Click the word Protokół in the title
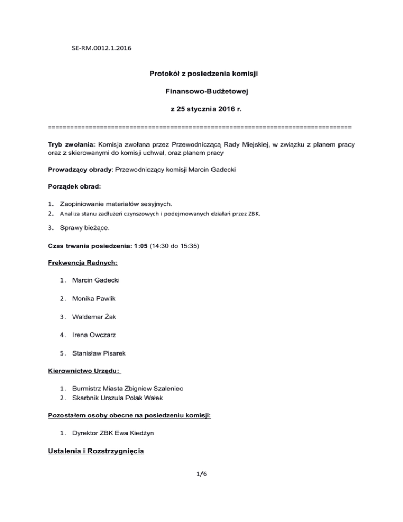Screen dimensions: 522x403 pyautogui.click(x=166, y=74)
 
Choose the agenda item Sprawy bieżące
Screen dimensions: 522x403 pyautogui.click(x=85, y=229)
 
